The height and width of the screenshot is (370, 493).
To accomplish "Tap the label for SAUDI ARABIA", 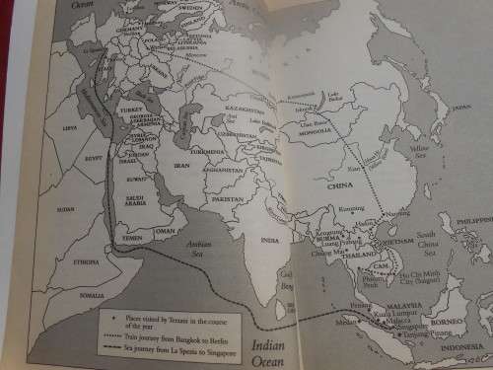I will click(140, 196).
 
